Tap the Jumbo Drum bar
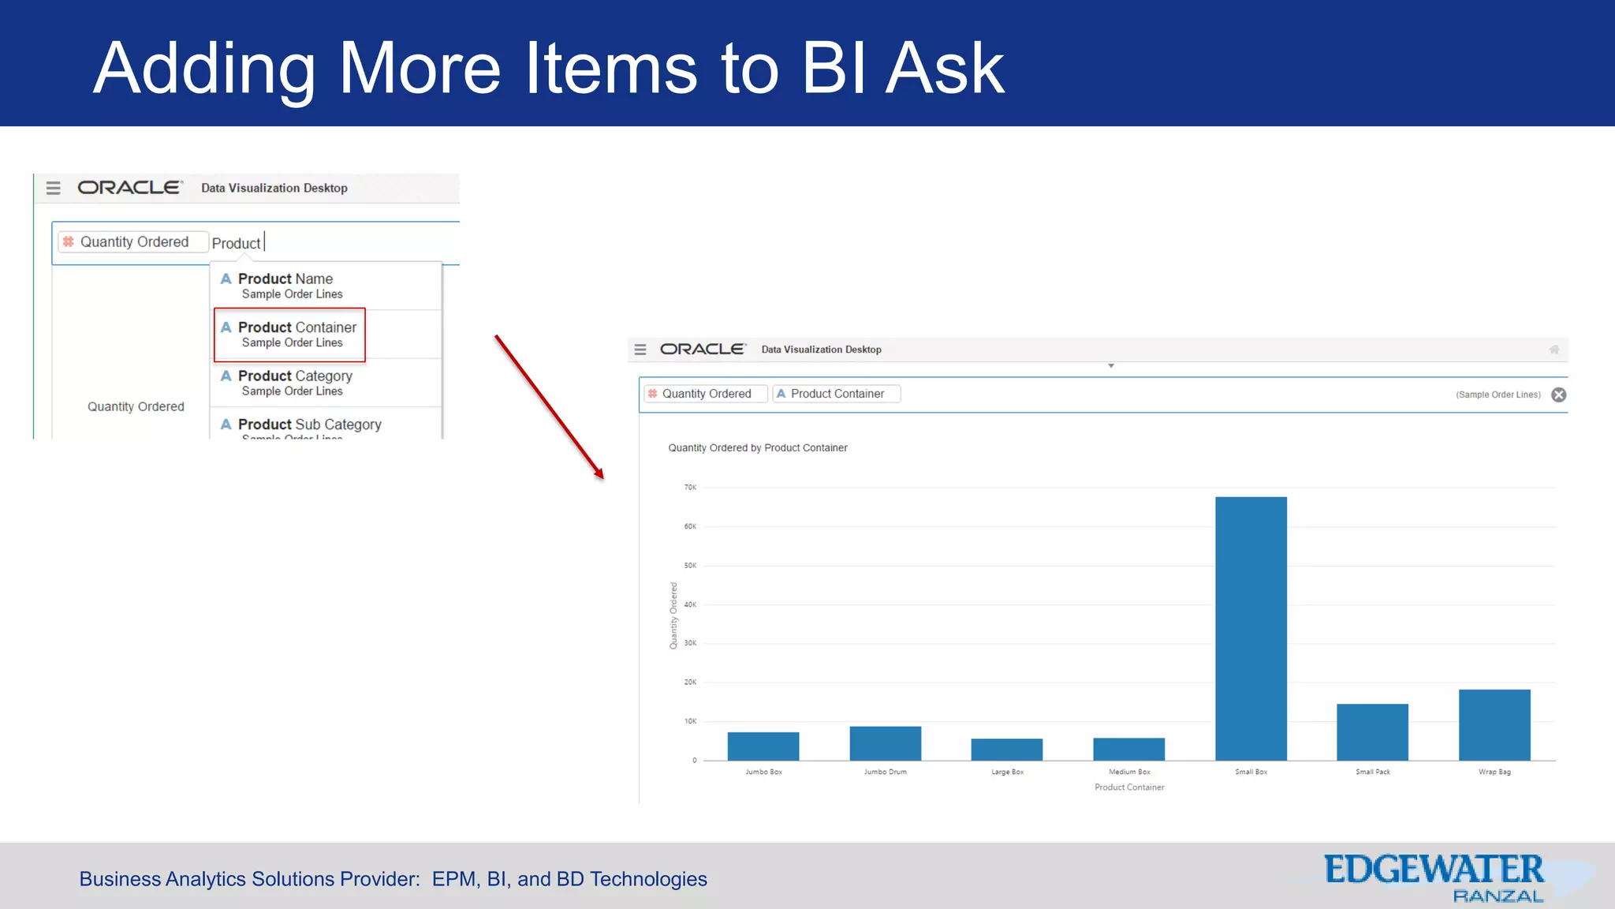tap(885, 743)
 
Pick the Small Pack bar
tap(1372, 731)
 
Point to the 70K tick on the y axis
tap(690, 488)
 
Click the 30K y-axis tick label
tap(690, 643)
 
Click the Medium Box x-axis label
tap(1129, 772)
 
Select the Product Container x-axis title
tap(1129, 787)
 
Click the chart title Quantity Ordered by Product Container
tap(757, 447)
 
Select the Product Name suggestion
tap(285, 286)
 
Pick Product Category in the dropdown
tap(295, 383)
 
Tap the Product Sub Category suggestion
tap(309, 425)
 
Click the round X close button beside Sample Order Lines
tap(1558, 395)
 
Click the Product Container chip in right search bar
tap(837, 394)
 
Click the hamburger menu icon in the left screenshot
tap(53, 188)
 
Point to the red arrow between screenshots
tap(550, 407)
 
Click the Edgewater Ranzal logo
tap(1434, 877)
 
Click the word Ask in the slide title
tap(944, 69)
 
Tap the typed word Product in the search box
tap(236, 243)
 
